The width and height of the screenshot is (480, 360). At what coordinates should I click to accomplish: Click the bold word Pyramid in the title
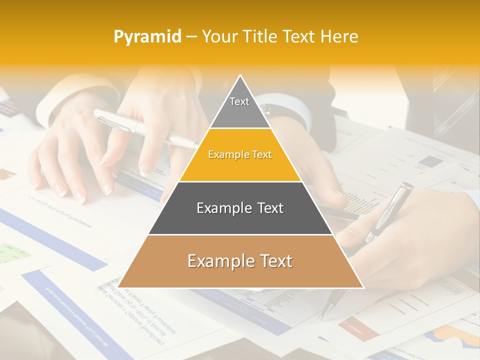147,37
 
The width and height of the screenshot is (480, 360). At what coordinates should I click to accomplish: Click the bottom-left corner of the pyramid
119,287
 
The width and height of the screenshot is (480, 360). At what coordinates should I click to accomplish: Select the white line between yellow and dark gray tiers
240,181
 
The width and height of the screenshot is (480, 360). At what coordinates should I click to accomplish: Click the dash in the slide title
191,37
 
